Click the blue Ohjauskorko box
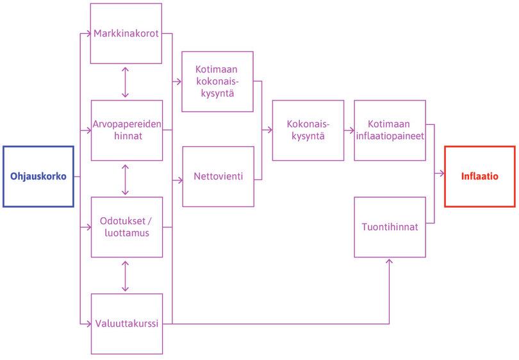[x=38, y=177]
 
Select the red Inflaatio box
[x=479, y=177]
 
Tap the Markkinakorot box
[x=126, y=33]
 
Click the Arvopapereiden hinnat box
[x=126, y=130]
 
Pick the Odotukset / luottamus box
[x=126, y=227]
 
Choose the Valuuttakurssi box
[x=126, y=323]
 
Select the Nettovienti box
[x=218, y=177]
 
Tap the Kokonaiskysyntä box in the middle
[x=308, y=130]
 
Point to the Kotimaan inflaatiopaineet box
[x=390, y=130]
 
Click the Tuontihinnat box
[x=390, y=227]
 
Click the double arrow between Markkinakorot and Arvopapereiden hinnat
[x=125, y=82]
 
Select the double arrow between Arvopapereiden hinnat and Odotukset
[x=125, y=179]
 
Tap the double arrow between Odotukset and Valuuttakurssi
[x=125, y=275]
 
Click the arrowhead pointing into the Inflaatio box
[x=441, y=174]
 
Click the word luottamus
[x=126, y=233]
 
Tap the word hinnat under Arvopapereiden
[x=126, y=136]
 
